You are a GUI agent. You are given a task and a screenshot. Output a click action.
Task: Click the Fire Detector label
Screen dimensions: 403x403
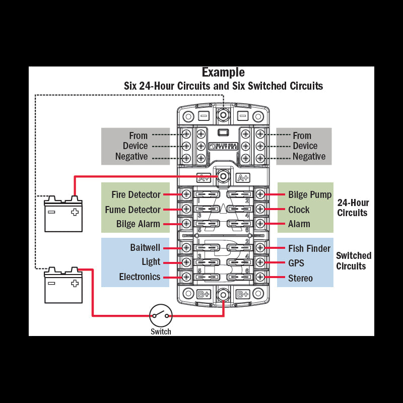[x=137, y=194]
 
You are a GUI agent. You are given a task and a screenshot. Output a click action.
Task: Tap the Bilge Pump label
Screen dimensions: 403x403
[x=310, y=194]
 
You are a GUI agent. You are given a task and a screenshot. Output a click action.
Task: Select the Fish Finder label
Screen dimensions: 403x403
[x=309, y=248]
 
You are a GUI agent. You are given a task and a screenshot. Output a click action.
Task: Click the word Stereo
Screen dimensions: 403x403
[x=300, y=278]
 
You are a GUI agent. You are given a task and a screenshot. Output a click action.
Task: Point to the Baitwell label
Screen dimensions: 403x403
[x=145, y=248]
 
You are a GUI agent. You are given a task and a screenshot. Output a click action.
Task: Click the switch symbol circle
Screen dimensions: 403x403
[x=161, y=316]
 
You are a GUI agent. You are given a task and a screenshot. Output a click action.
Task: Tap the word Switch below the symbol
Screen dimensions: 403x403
[x=161, y=331]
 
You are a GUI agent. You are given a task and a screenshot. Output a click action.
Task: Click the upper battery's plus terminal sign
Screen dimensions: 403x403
[x=75, y=212]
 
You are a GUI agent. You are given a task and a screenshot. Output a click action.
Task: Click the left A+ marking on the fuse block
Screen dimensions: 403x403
[x=203, y=177]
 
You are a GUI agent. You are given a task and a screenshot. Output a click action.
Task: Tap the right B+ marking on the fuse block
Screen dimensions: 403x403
[x=243, y=294]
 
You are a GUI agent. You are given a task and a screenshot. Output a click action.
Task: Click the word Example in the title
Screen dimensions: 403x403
[x=223, y=73]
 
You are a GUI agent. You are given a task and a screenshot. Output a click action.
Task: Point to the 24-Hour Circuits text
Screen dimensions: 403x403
[x=353, y=208]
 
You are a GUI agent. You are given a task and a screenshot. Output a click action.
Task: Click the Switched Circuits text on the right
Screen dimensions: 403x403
[x=354, y=260]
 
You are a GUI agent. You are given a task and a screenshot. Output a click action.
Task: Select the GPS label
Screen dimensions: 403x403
[x=297, y=263]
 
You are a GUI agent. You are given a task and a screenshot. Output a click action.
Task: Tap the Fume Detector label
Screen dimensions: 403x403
[x=132, y=210]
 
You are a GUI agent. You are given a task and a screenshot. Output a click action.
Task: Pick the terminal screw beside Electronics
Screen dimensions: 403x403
[x=186, y=277]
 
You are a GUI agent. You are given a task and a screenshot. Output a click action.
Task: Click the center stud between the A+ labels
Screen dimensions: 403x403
[x=223, y=176]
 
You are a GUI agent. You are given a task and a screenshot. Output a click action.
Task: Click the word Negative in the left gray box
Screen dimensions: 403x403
[x=131, y=157]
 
